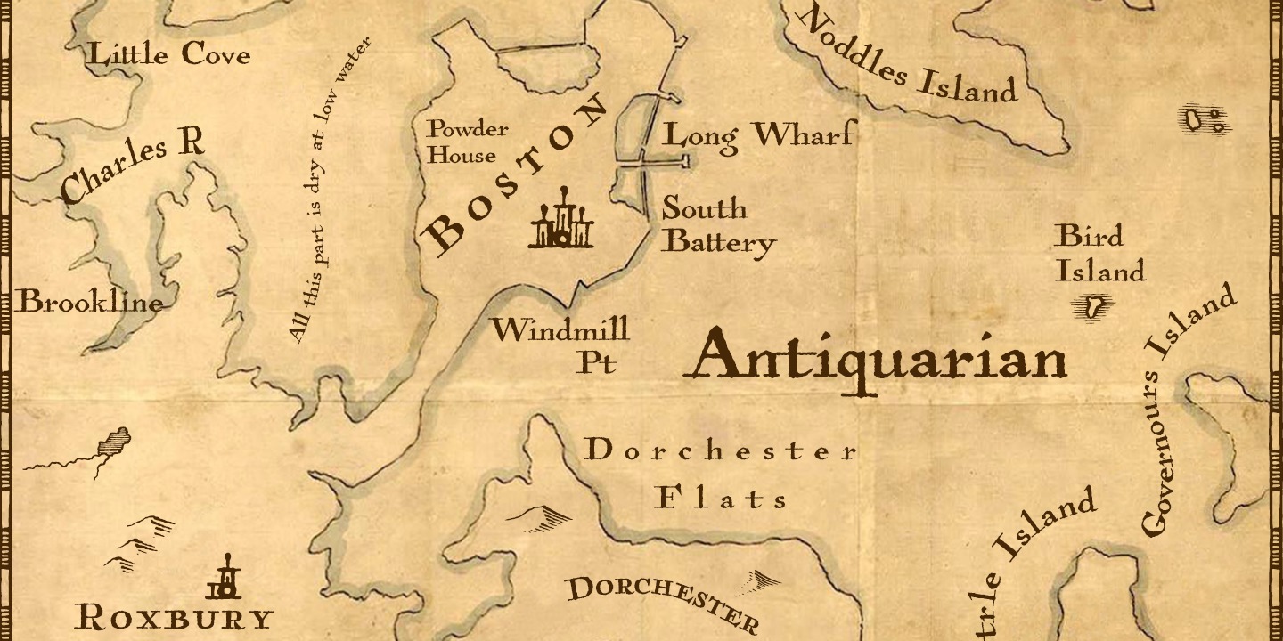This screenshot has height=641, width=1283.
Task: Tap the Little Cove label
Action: point(169,55)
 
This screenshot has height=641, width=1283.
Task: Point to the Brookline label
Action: point(91,303)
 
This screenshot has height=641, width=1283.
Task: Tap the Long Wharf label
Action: point(757,135)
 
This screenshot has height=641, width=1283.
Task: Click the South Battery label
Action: point(717,225)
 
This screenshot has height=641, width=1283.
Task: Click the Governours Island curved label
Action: point(1189,410)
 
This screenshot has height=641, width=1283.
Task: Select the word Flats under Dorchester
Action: point(722,498)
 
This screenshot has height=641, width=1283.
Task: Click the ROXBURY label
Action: point(173,617)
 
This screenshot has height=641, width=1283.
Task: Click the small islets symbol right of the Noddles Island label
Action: point(1205,120)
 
